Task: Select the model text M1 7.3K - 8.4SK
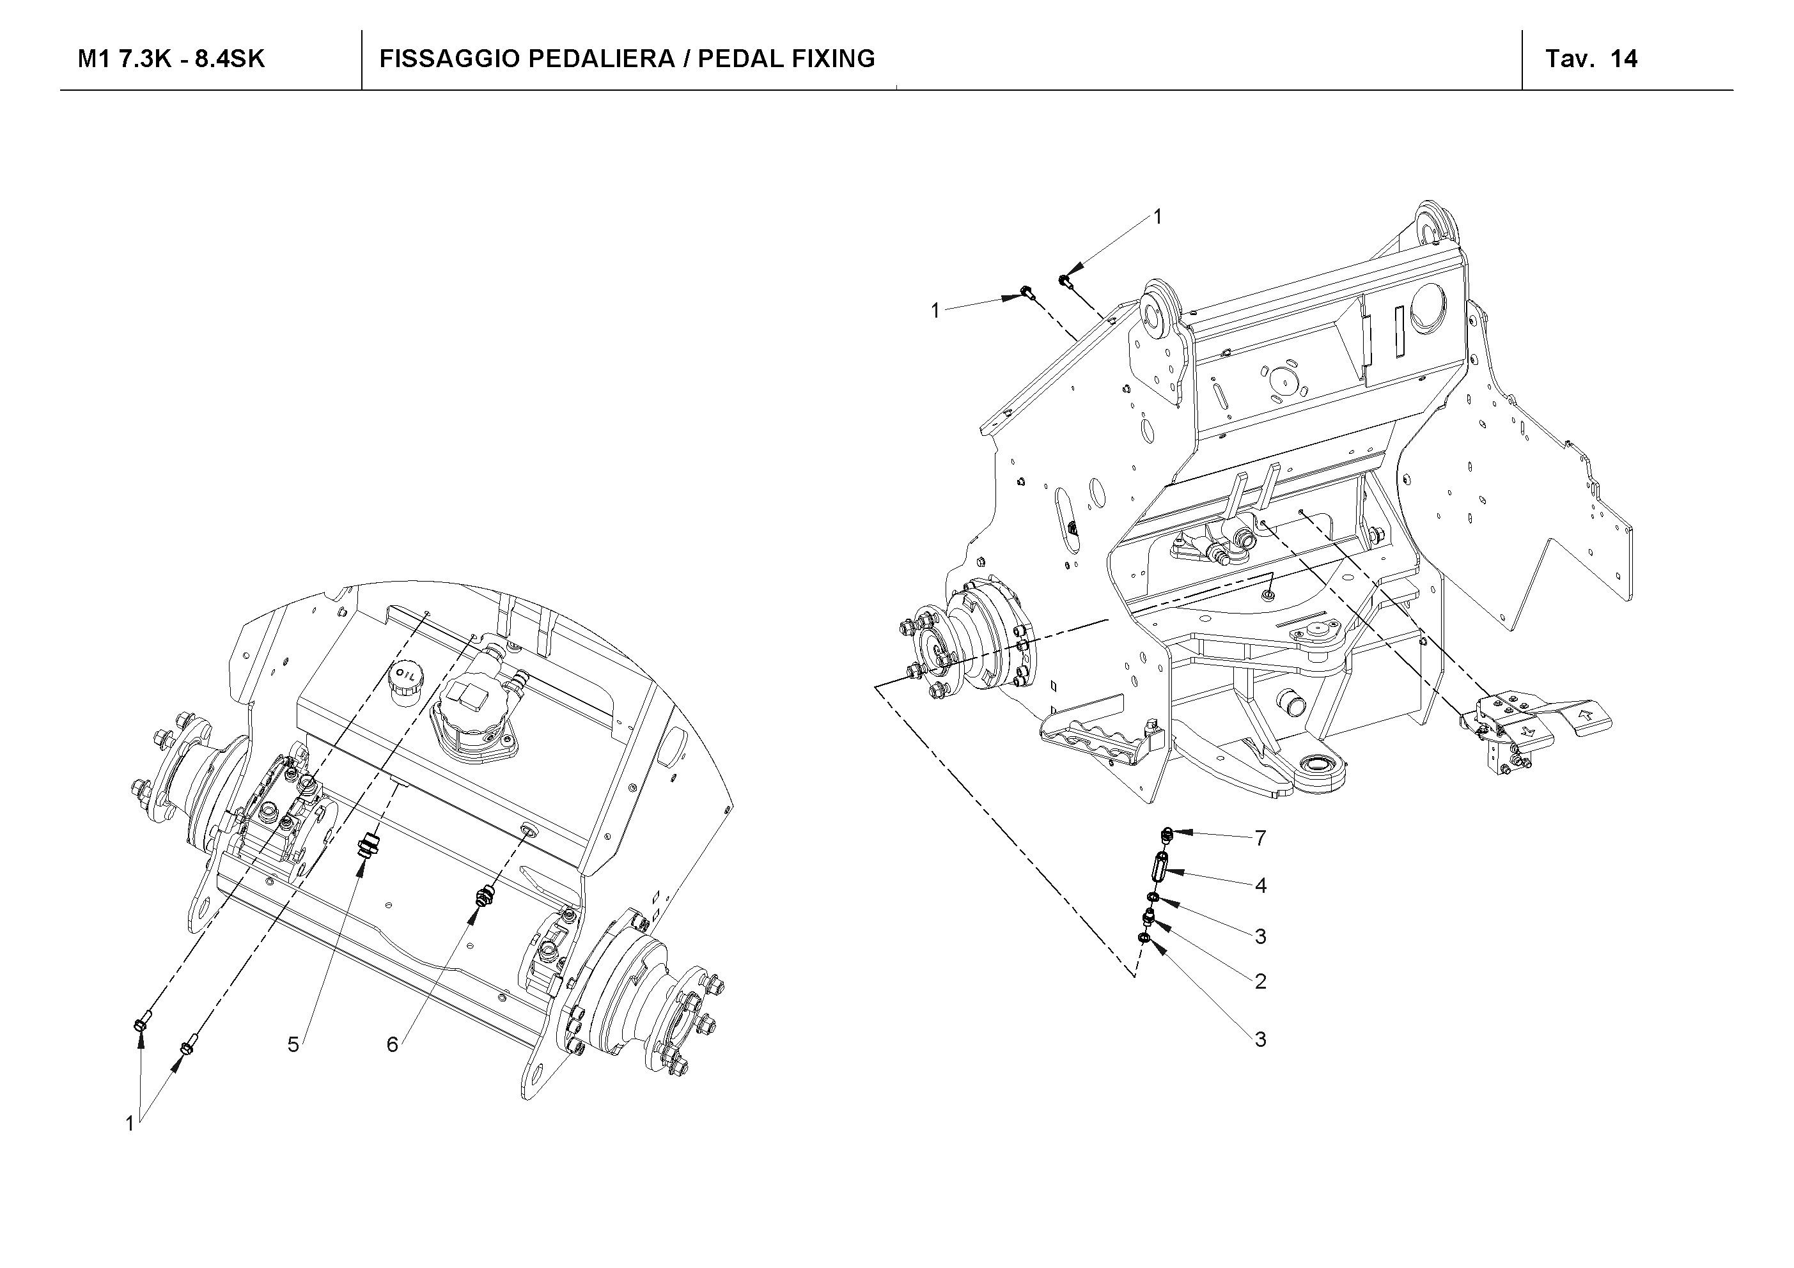tap(171, 59)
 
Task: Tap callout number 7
tap(1260, 839)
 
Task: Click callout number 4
tap(1260, 885)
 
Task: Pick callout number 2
tap(1260, 981)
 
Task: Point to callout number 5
tap(293, 1044)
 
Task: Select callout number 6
tap(393, 1044)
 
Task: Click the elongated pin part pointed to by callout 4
tap(1160, 869)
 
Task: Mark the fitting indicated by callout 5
tap(366, 846)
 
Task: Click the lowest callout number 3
tap(1260, 1039)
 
